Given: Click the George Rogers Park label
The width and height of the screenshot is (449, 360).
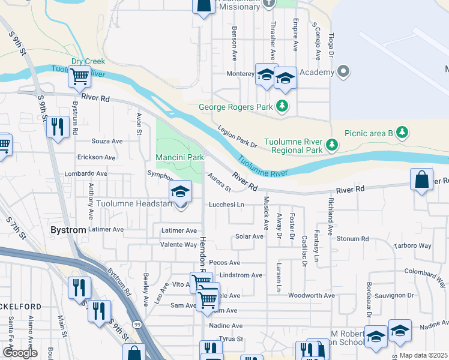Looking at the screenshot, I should click(237, 107).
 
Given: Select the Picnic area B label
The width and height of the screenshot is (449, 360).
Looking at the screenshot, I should click(368, 133).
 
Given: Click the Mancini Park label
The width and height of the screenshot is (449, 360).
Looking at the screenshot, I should click(180, 157).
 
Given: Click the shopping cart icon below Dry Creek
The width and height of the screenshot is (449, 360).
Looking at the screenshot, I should click(79, 76).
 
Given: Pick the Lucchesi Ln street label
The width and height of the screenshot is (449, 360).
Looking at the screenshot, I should click(226, 205).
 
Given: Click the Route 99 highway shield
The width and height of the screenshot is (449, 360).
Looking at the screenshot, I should click(138, 324).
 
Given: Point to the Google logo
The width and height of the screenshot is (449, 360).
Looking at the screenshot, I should click(20, 352).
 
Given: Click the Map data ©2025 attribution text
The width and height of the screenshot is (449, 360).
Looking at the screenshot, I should click(424, 355).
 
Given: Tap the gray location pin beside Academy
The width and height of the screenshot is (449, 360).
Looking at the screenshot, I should click(343, 72).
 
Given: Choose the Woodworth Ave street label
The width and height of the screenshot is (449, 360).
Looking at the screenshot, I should click(311, 296).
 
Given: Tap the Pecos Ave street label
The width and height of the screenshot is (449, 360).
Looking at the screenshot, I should click(224, 263).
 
